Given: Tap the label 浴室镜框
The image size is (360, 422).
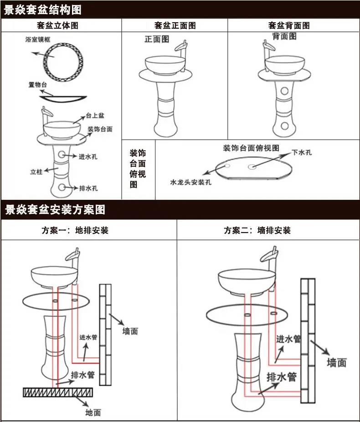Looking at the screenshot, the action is coord(38,40).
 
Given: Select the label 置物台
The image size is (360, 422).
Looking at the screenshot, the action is coord(38,85).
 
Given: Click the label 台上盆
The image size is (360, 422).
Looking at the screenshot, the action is coord(95,116).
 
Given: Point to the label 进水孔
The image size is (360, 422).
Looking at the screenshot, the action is coord(88,156).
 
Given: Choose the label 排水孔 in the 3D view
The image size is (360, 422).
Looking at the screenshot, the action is coord(88,188).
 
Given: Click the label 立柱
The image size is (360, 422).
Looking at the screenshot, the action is coord(36,172).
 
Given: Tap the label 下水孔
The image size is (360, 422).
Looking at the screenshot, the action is coord(302,153).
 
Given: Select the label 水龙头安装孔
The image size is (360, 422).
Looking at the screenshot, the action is coord(191,182).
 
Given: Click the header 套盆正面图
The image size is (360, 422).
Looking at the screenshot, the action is coord(175,25).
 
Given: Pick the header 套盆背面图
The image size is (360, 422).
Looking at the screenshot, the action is coord(289,25).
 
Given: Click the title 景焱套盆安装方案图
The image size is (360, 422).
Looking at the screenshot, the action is coord(55,210).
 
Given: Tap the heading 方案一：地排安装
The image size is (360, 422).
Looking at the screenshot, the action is coord(75,230).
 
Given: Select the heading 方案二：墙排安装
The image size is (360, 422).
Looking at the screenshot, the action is coord(257,230).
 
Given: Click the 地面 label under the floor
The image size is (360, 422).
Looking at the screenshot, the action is coord(93,412).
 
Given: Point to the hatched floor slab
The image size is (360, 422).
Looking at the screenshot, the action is coord(58,392).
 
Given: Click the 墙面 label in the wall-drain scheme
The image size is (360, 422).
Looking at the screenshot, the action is coord(337,362).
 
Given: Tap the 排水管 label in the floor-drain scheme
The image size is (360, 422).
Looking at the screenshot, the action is coord(83,375).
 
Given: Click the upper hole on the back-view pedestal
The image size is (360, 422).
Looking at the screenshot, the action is coord(284,91).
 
